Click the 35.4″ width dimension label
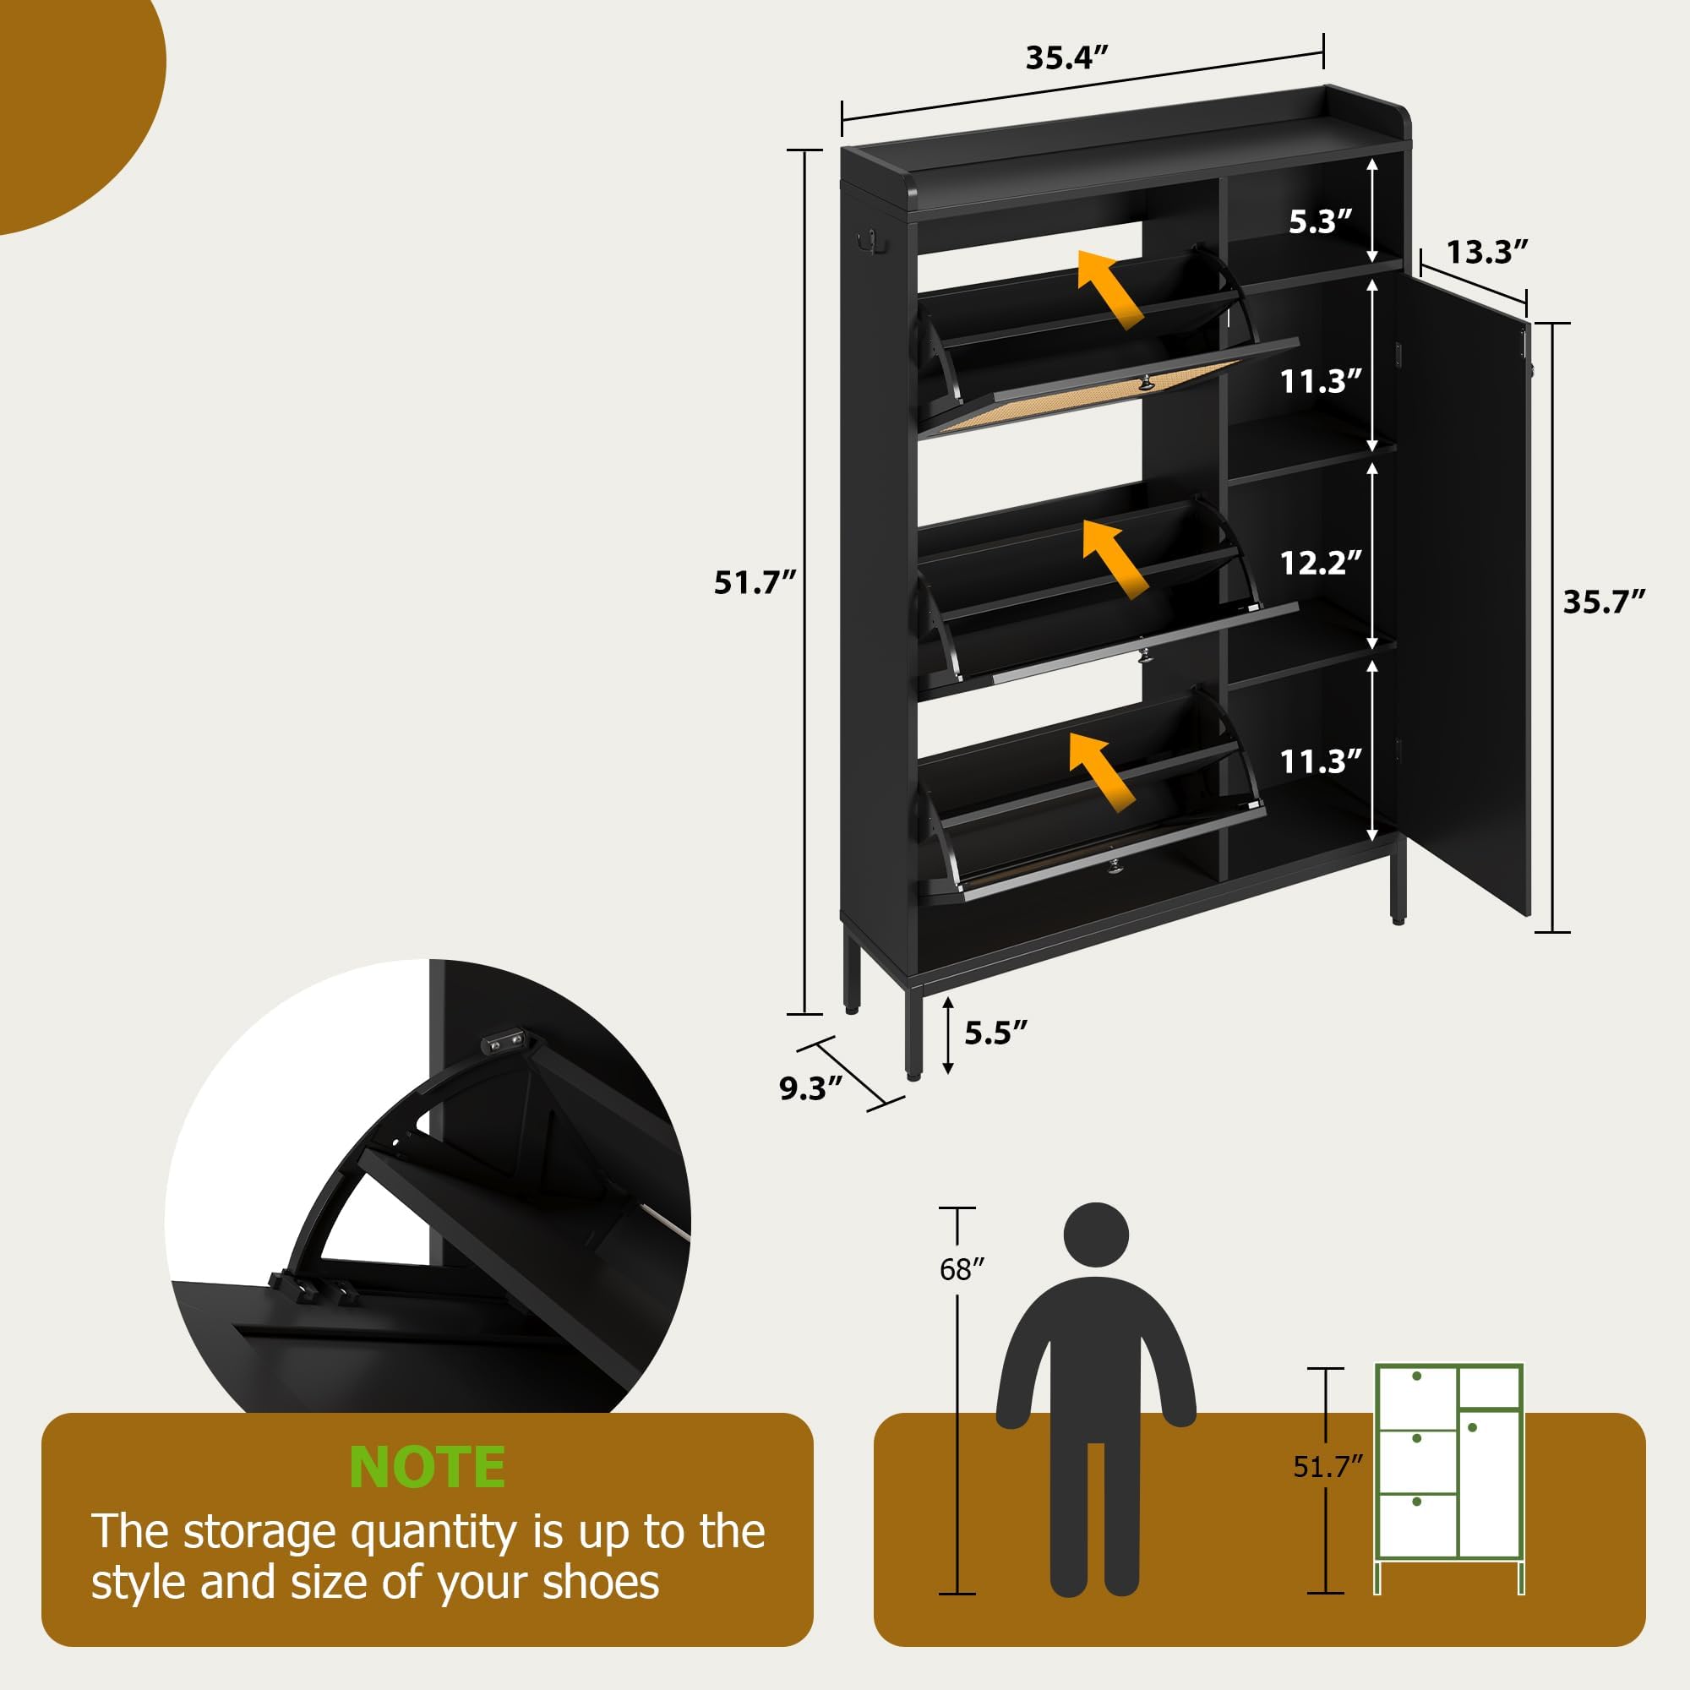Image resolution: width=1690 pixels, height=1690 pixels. click(x=1066, y=57)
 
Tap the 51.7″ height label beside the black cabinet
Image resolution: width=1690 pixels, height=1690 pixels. click(x=755, y=582)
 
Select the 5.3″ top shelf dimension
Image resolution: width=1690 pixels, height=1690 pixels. click(x=1321, y=221)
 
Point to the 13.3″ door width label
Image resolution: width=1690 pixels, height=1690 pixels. click(x=1486, y=252)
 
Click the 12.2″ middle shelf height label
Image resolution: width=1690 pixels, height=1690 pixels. click(x=1321, y=563)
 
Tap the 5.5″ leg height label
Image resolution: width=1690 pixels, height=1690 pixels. click(x=995, y=1033)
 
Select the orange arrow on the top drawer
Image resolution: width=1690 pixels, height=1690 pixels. click(x=1109, y=288)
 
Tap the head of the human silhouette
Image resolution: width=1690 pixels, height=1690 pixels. click(x=1095, y=1235)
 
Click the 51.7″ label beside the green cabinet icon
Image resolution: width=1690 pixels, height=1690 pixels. click(x=1327, y=1467)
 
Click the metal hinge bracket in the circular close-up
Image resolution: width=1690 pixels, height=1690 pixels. click(x=505, y=1042)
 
